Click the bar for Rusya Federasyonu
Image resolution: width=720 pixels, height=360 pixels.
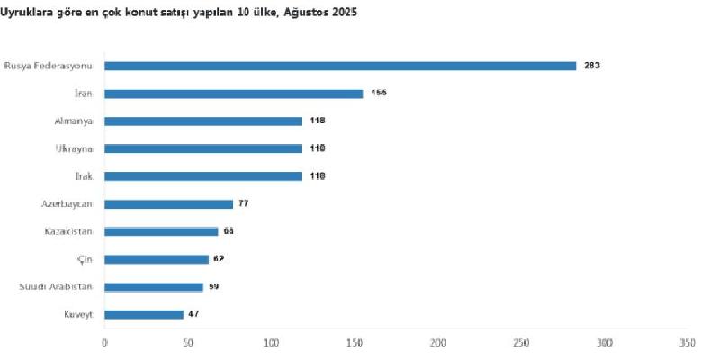coord(340,66)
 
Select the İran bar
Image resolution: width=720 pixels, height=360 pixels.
coord(234,94)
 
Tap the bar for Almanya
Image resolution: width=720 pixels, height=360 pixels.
coord(203,121)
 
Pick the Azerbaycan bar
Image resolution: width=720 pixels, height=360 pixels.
coord(169,203)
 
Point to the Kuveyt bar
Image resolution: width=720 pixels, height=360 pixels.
coord(144,314)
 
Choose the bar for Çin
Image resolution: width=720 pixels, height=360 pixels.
coord(157,259)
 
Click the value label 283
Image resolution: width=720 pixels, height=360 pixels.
coord(591,66)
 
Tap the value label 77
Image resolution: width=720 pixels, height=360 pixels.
coord(243,203)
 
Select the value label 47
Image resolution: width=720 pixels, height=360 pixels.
coord(193,314)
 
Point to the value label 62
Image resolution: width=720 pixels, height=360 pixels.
coord(219,259)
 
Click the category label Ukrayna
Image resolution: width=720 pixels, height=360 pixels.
coord(80,148)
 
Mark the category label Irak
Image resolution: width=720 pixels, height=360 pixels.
coord(85,176)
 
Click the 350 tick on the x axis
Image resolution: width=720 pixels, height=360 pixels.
coord(688,343)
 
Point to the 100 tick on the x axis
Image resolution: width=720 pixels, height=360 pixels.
coord(272,343)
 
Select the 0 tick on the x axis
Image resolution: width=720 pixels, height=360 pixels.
coord(105,343)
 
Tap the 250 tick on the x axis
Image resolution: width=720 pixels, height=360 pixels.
coord(521,343)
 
